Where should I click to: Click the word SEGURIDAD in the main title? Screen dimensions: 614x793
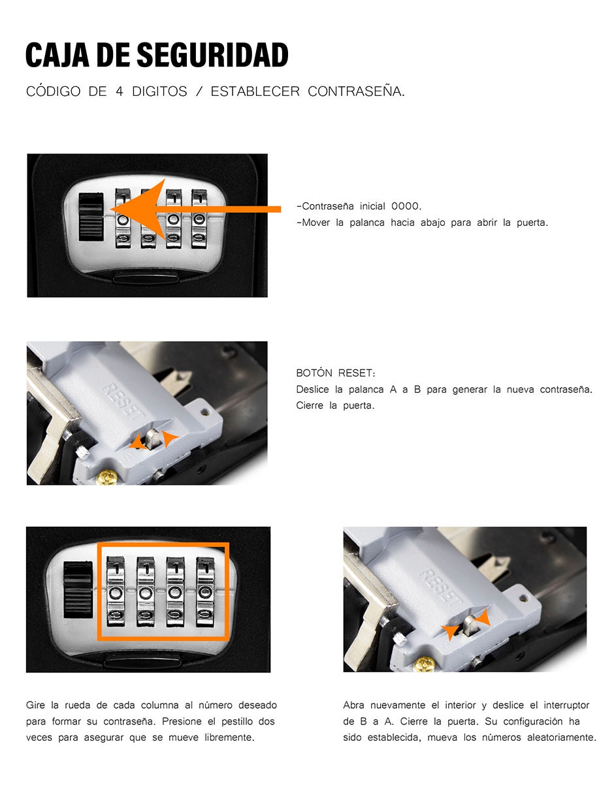point(212,55)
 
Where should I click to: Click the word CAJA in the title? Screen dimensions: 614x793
point(57,55)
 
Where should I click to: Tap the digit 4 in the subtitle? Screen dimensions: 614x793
point(120,91)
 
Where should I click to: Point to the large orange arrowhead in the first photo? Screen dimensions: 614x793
point(138,209)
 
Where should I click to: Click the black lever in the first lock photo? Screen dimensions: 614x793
point(91,217)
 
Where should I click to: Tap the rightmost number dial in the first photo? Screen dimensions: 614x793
point(199,219)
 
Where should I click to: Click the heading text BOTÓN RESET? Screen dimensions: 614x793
point(336,373)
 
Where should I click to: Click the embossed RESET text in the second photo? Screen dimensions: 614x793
point(122,401)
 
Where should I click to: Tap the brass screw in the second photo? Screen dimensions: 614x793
point(106,477)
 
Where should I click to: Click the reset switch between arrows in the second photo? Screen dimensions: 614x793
point(153,439)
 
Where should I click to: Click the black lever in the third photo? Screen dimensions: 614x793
point(78,589)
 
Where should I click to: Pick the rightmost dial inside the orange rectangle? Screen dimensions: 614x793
point(205,591)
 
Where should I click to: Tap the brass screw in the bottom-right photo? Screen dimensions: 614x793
point(425,664)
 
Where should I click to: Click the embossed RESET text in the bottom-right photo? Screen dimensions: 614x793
point(441,587)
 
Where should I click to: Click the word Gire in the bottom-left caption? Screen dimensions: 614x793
point(35,705)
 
